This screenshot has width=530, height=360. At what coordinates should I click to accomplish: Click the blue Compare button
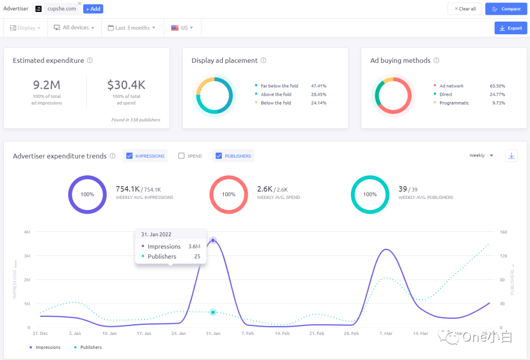506,9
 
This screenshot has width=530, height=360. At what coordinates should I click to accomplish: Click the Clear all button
464,9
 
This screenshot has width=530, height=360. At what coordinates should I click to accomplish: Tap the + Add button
93,9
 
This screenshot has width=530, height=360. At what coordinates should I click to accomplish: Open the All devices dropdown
74,28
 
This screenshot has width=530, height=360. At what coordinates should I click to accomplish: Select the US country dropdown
182,28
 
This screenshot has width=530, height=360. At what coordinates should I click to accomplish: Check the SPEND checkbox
182,156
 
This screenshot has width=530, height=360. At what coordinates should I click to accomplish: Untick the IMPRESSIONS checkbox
130,156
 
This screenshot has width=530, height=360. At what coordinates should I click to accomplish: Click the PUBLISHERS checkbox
219,156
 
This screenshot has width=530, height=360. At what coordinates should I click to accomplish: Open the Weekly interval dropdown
481,156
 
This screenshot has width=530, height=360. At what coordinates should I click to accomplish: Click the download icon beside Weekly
511,156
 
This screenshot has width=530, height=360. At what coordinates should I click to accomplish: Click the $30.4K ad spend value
126,85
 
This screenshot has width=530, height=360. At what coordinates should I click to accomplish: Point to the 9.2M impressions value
47,85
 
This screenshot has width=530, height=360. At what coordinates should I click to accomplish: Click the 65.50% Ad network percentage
497,86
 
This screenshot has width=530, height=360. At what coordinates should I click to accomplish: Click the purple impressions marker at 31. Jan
213,241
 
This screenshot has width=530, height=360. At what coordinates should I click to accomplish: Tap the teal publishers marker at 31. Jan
213,312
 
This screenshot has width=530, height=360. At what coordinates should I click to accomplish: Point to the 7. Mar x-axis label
386,333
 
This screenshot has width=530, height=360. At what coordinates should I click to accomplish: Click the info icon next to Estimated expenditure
90,60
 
